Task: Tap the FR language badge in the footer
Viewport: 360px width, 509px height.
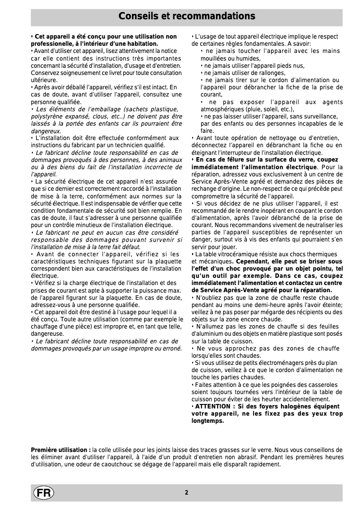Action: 43,492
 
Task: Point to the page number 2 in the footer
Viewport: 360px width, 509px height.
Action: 186,492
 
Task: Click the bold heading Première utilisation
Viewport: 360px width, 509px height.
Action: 60,450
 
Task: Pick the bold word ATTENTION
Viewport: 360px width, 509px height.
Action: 211,407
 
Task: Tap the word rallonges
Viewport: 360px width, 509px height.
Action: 270,73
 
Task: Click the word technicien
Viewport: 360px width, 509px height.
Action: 129,145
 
